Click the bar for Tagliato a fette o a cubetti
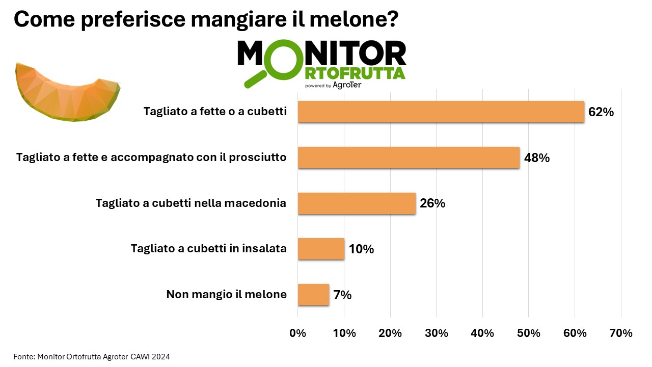pos(441,112)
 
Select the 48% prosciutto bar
pos(409,158)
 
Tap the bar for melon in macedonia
pos(357,203)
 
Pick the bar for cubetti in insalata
pos(321,249)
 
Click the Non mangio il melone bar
pos(313,295)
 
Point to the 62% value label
pos(601,112)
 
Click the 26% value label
pos(432,203)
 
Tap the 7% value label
pos(342,295)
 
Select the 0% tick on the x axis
pos(297,333)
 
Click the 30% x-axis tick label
pos(437,333)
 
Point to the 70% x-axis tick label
pos(621,333)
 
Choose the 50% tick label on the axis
pos(529,333)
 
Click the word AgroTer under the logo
pos(347,85)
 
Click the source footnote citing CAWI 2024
pos(91,357)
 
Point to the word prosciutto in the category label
pos(258,158)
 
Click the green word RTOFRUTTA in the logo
pos(355,74)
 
